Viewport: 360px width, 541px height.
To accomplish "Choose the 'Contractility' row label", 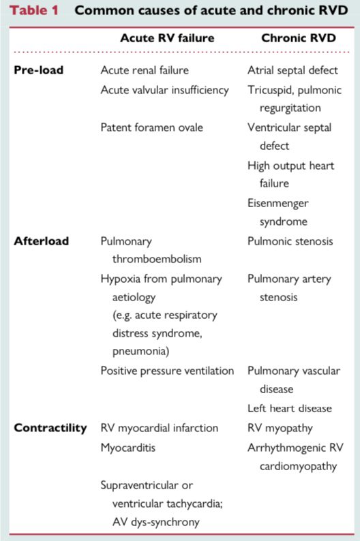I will coord(50,428).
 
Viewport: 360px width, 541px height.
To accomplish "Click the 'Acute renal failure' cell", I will coord(145,70).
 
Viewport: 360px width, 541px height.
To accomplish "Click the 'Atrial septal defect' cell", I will coord(292,70).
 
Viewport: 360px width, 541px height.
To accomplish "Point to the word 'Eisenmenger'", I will coord(278,202).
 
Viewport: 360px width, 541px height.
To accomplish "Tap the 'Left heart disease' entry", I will coord(290,408).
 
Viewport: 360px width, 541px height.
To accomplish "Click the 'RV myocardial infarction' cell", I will coord(159,428).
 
